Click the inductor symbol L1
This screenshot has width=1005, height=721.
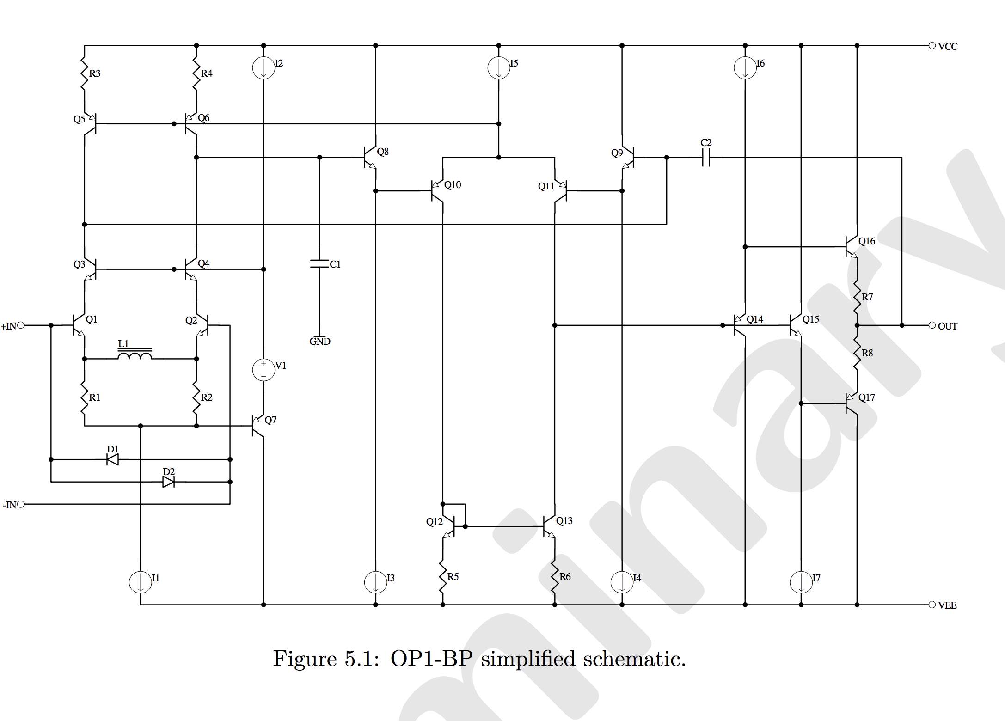[x=135, y=354]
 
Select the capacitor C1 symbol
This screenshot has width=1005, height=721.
[x=319, y=264]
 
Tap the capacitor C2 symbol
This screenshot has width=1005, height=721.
[x=706, y=158]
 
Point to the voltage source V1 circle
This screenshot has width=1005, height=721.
[x=264, y=370]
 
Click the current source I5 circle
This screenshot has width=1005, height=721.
[x=499, y=68]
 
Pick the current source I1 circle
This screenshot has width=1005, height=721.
[x=141, y=582]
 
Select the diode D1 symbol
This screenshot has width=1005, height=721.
[x=112, y=459]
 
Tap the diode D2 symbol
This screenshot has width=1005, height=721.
[x=169, y=482]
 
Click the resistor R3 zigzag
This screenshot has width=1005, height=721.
[x=85, y=73]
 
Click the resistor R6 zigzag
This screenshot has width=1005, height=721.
[x=555, y=577]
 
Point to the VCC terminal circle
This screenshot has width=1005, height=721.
[x=932, y=45]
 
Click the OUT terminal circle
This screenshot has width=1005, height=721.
[x=932, y=325]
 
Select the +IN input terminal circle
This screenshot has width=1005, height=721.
[x=20, y=325]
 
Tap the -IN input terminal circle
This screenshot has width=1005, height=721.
[x=20, y=504]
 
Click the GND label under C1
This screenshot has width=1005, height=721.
[x=320, y=342]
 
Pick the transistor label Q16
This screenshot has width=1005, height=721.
[x=867, y=241]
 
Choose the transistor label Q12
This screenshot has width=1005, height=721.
[x=435, y=522]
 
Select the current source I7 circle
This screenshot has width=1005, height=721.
[x=801, y=582]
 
